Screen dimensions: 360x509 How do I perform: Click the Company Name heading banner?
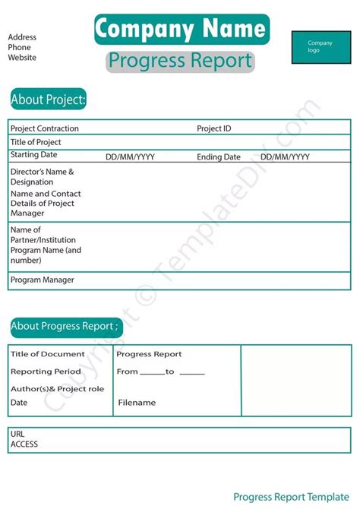pos(182,29)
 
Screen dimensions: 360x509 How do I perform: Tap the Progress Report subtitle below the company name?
pos(180,60)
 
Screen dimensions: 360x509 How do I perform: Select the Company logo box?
pos(321,47)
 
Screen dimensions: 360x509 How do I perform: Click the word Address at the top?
pos(22,37)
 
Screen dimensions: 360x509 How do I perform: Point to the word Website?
pos(22,57)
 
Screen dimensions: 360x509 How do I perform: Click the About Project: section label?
pos(49,100)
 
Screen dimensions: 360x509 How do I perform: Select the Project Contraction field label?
pos(45,128)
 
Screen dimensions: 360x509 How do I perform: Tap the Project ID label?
pos(214,128)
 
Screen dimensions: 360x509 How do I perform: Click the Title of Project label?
pos(36,142)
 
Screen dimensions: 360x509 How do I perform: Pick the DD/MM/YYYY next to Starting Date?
pos(130,157)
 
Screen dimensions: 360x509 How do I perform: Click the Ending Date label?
pos(219,157)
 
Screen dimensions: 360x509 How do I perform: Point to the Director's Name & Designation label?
pos(43,177)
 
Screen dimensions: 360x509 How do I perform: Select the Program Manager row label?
pos(43,280)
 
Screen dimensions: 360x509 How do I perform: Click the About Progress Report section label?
pos(65,327)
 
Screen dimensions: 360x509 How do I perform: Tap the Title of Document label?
pos(48,354)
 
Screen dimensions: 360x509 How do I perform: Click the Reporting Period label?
pos(46,371)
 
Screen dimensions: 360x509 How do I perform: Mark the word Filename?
pos(137,403)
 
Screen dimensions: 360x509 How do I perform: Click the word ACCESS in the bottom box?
pos(24,444)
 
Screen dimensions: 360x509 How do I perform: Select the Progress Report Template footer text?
pos(292,497)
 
